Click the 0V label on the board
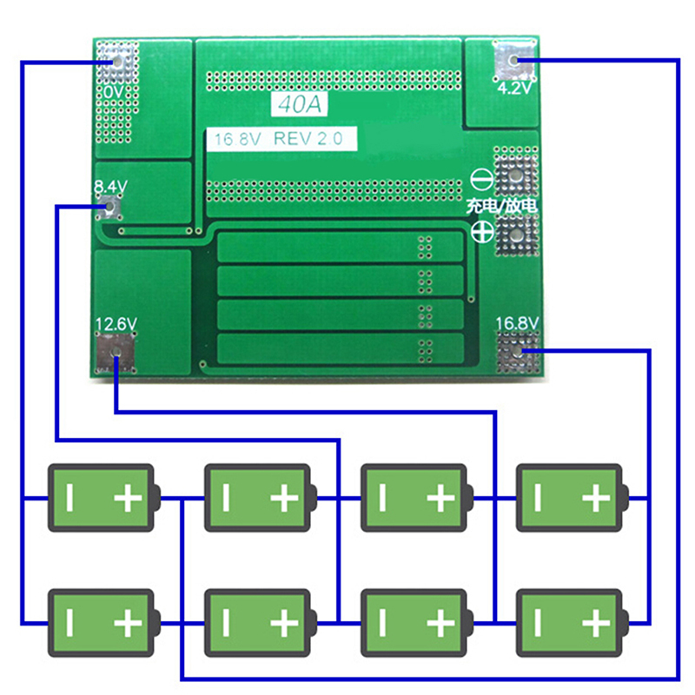pyautogui.click(x=112, y=91)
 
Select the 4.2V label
pyautogui.click(x=513, y=89)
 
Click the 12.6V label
pyautogui.click(x=116, y=324)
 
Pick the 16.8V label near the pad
pyautogui.click(x=518, y=324)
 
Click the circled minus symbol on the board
pyautogui.click(x=482, y=180)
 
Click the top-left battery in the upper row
pyautogui.click(x=103, y=498)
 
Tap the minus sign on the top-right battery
pyautogui.click(x=537, y=498)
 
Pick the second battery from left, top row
pyautogui.click(x=258, y=498)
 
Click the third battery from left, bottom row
pyautogui.click(x=414, y=623)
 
